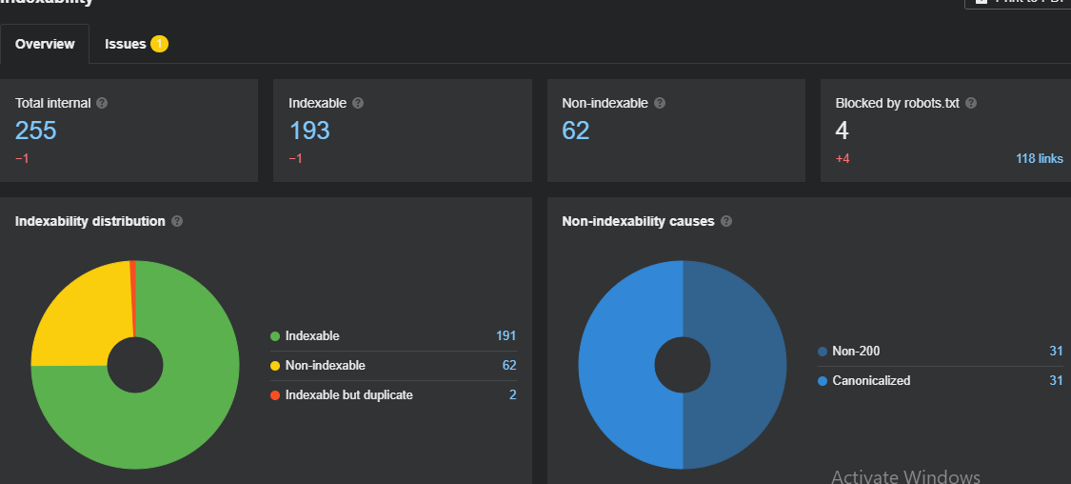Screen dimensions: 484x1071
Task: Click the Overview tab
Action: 45,44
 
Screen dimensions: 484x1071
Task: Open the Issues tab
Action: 126,44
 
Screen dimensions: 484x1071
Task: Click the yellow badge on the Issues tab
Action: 159,44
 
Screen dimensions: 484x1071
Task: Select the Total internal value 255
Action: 36,131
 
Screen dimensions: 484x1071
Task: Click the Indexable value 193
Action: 309,131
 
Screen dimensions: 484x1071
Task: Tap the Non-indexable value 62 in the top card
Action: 576,131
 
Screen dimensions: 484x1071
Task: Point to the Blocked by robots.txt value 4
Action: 843,131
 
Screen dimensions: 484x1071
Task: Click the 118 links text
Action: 1039,159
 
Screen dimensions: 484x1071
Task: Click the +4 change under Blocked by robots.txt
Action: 843,159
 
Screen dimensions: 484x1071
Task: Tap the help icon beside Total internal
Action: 102,103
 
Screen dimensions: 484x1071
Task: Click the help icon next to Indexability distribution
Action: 177,221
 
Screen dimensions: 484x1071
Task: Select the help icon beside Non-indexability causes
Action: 726,221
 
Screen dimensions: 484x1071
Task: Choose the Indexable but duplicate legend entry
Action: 348,394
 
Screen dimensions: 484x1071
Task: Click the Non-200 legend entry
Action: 856,352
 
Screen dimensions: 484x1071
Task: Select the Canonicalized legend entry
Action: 871,380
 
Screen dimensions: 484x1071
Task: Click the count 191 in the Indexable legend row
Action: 506,336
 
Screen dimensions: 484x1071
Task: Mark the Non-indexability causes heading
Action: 638,221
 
